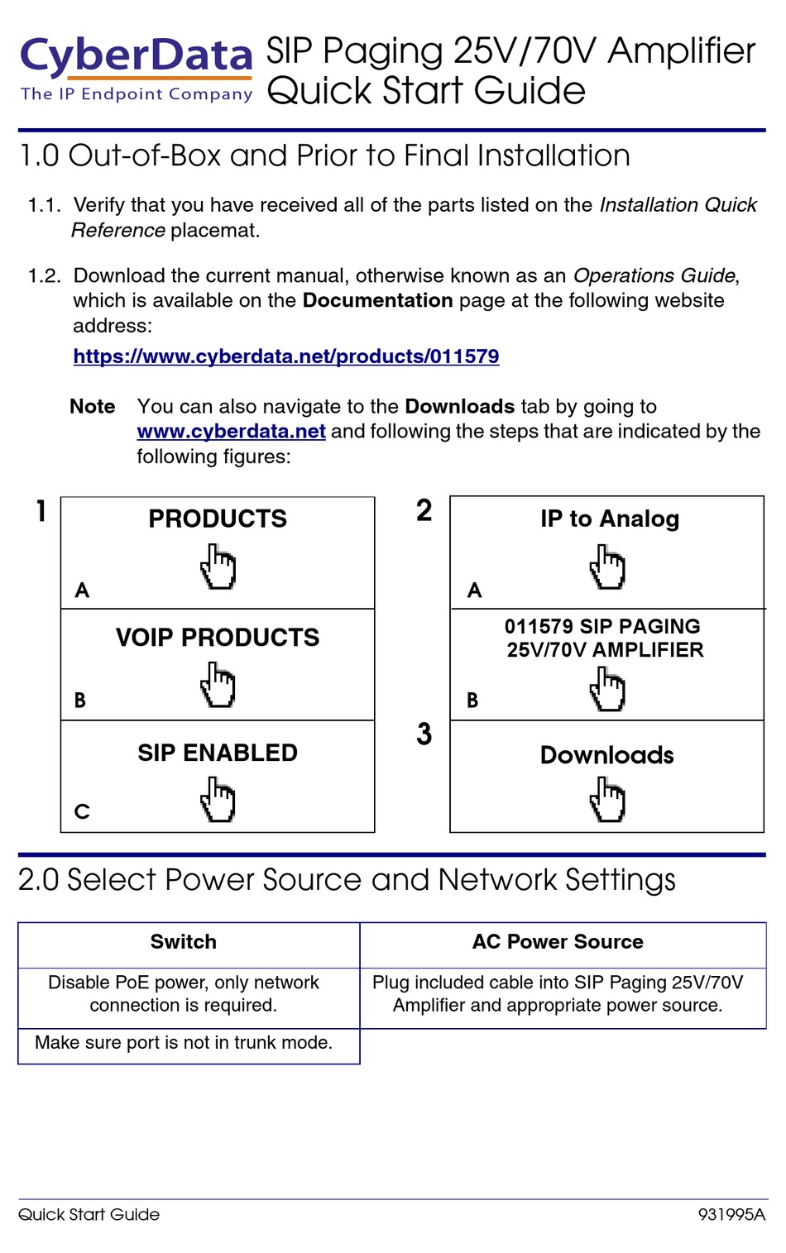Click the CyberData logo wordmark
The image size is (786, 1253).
point(137,56)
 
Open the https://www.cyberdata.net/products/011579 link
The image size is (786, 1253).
point(285,356)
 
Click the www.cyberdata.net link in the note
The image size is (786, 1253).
point(231,431)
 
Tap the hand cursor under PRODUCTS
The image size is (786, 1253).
point(218,567)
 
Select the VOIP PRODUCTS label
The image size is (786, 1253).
point(218,638)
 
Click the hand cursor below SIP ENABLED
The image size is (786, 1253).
point(218,799)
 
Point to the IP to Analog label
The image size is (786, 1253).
point(610,519)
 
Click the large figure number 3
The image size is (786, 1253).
point(424,734)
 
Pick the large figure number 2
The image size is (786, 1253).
point(424,511)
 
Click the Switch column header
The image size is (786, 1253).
point(184,942)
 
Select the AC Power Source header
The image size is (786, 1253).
point(558,942)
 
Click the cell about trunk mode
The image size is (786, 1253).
point(184,1043)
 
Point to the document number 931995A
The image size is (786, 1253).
point(731,1215)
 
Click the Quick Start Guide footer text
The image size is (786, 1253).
point(89,1215)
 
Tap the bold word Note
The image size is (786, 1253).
point(93,406)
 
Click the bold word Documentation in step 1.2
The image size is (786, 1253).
point(377,300)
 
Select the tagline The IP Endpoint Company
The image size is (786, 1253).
point(137,94)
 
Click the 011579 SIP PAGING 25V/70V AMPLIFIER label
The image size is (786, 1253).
point(605,638)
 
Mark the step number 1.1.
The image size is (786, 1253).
point(45,205)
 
